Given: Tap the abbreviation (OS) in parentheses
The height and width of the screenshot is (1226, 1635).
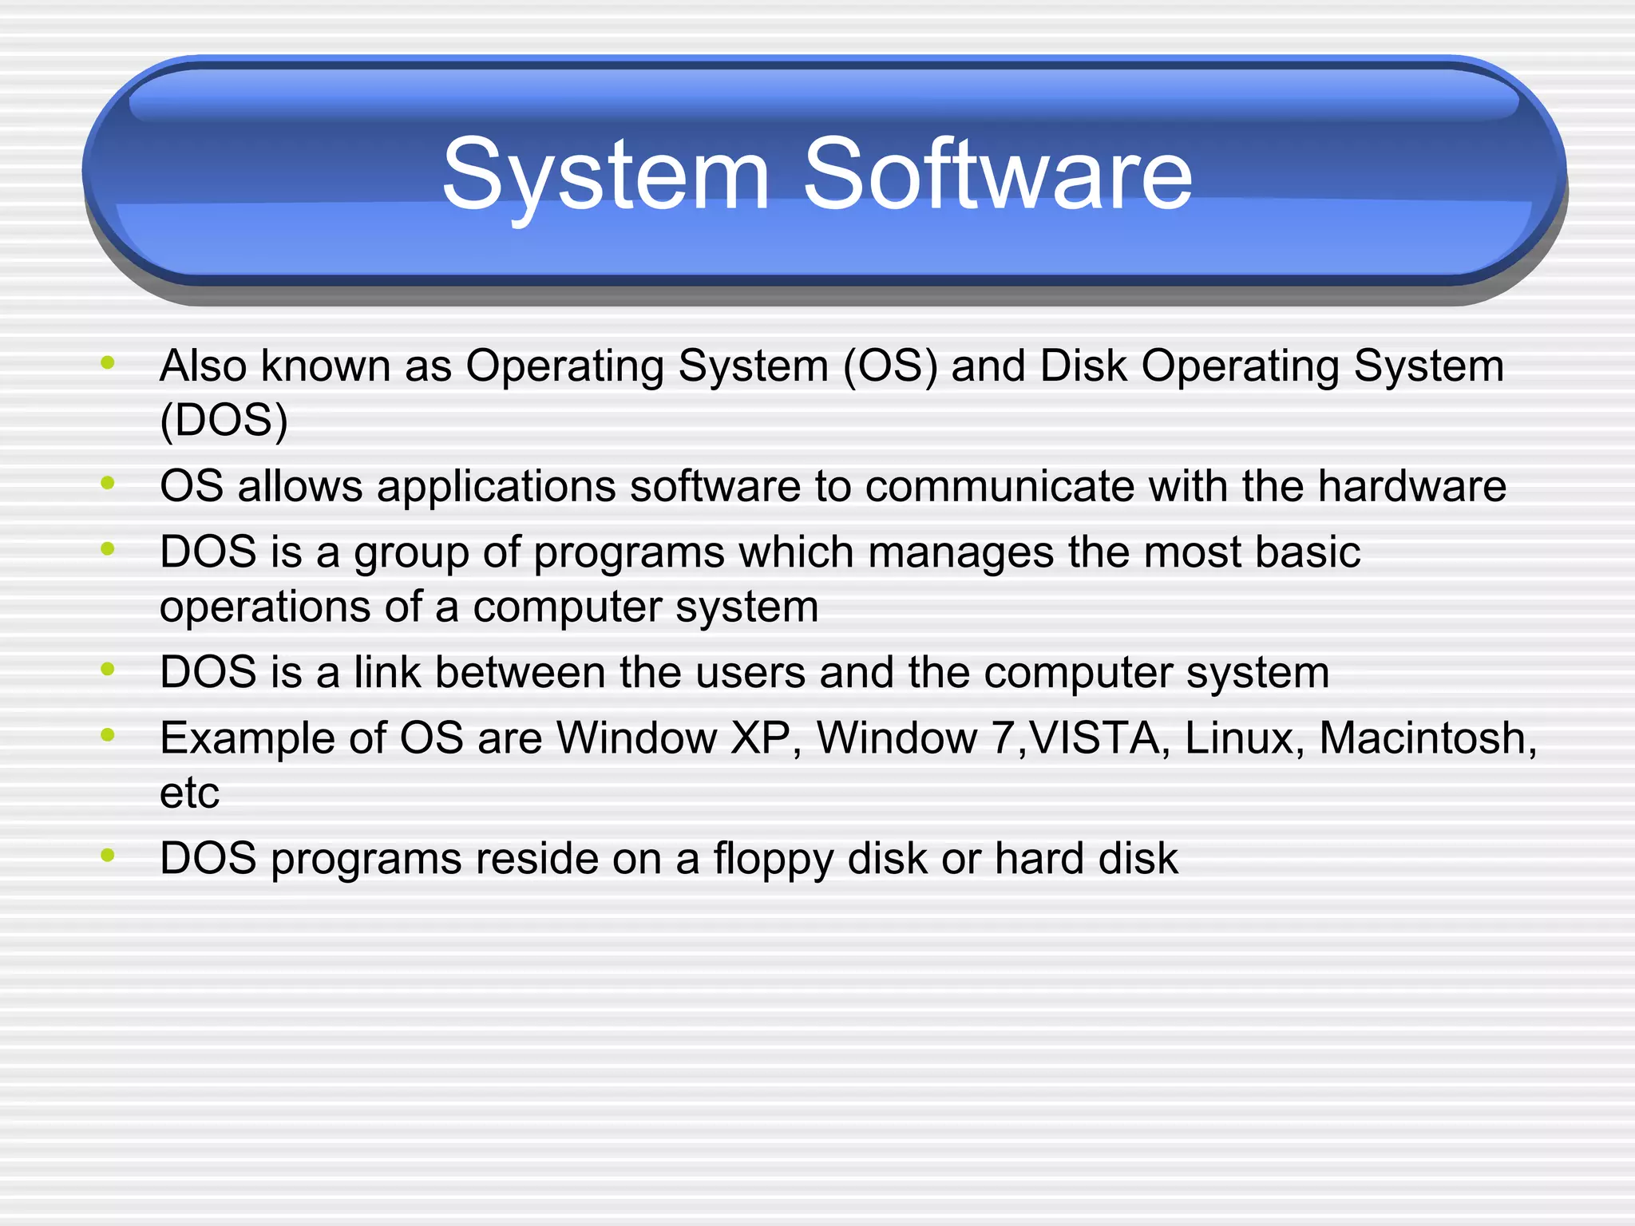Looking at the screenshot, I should [x=890, y=367].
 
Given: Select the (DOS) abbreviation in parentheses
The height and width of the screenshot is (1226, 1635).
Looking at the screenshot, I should [x=224, y=421].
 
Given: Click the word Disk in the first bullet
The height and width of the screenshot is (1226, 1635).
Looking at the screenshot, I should [x=1083, y=367].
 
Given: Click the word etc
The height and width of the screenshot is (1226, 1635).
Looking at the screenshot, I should [x=189, y=793].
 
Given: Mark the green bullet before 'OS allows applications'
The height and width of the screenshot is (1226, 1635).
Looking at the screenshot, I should [x=109, y=483].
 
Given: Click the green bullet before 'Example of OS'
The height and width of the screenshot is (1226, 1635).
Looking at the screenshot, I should [x=109, y=734].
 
